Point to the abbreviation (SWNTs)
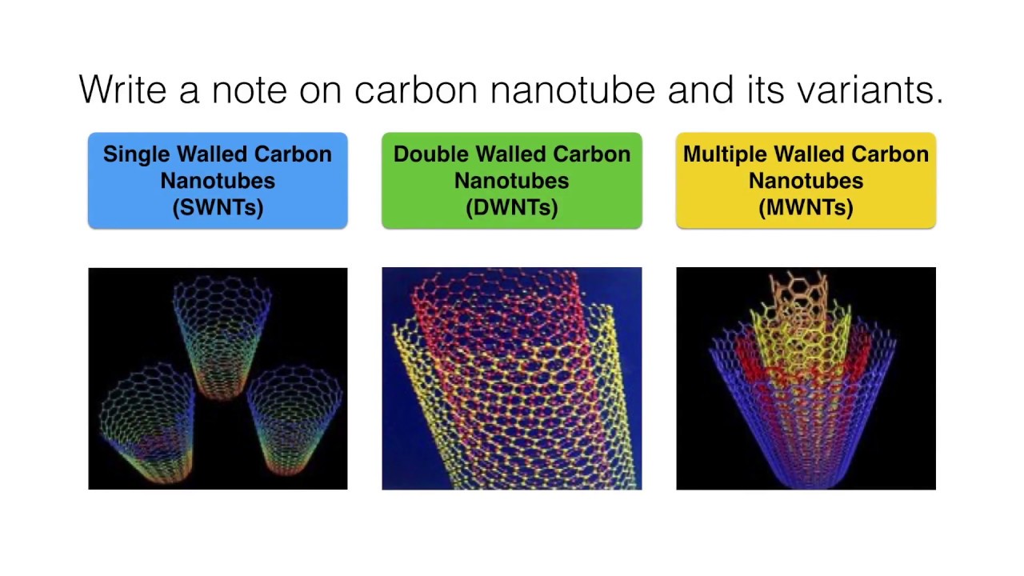[218, 208]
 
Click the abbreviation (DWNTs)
[512, 208]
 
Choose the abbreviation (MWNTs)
[806, 208]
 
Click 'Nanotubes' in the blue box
[218, 181]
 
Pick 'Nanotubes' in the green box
[512, 181]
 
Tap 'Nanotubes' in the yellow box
[806, 181]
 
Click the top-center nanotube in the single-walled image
[222, 336]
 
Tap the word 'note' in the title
[249, 89]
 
